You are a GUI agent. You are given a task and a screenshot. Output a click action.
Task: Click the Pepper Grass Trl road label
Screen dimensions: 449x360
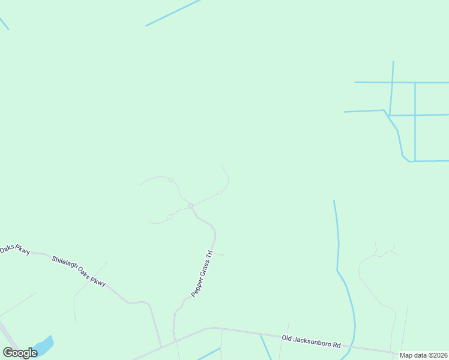point(202,274)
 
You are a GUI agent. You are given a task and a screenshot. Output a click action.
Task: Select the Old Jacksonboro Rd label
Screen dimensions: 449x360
point(311,342)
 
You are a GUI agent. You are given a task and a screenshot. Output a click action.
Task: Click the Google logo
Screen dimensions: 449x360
point(20,352)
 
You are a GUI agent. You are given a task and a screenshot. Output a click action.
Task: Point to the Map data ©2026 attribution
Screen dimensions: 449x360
point(424,355)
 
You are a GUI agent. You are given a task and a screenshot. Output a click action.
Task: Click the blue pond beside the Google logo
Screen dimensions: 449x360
point(44,346)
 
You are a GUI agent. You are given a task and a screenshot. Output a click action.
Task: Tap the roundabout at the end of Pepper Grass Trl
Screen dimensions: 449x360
point(191,206)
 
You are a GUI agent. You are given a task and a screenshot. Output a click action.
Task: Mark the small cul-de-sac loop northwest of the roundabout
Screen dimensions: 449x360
point(171,179)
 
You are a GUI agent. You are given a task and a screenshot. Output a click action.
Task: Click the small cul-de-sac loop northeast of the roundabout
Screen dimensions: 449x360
point(220,193)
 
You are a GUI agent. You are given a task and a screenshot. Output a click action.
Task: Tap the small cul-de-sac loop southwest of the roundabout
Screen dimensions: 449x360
point(170,217)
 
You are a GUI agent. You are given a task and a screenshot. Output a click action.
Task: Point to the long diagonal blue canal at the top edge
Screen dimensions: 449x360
point(173,13)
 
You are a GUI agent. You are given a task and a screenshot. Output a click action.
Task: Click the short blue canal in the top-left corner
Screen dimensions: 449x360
point(4,23)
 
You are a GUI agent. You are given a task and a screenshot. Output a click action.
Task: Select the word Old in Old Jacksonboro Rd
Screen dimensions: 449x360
point(288,339)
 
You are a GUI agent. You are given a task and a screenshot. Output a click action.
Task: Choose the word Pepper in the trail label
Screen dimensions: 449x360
point(196,289)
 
